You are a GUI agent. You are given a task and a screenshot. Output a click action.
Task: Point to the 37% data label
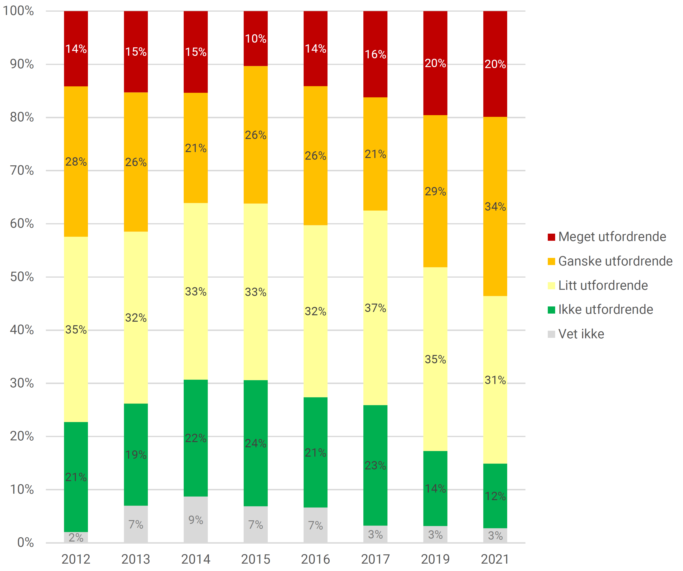point(375,308)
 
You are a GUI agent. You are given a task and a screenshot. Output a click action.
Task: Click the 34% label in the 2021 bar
point(495,207)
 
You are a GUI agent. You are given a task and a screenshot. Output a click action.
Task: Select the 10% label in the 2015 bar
point(256,39)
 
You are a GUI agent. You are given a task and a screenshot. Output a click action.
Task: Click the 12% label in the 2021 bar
point(495,496)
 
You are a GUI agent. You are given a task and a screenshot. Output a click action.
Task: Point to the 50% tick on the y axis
point(22,277)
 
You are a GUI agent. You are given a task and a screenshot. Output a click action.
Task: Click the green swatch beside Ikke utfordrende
point(551,310)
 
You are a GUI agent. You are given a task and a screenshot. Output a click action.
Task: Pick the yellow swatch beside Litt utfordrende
point(551,285)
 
